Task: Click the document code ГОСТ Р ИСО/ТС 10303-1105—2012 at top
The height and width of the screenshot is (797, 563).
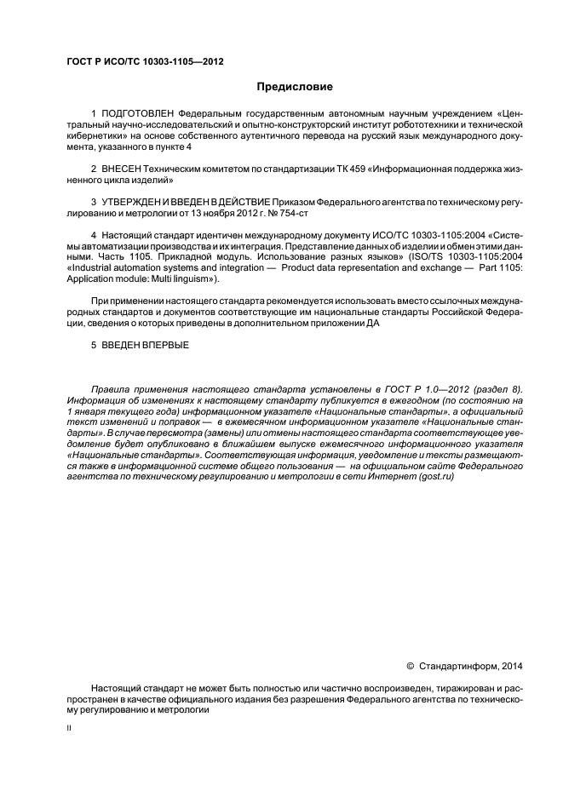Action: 146,61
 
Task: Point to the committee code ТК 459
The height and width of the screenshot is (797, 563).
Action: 359,169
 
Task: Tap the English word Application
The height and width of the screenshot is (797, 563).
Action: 89,278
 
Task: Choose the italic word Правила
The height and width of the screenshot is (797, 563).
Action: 109,388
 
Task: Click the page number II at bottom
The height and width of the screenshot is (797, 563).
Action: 69,728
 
